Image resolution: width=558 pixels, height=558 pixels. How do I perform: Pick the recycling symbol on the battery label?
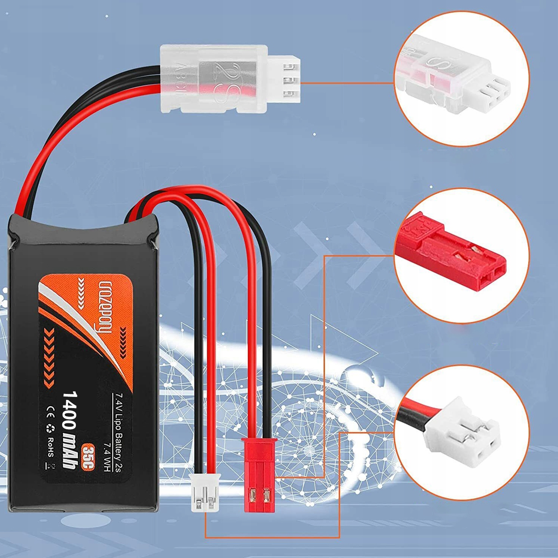coord(50,428)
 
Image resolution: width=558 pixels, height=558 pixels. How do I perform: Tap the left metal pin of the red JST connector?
coord(253,495)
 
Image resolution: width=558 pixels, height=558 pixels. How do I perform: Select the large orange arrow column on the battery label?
coord(49,357)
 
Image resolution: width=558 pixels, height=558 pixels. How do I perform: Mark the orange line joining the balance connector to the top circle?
coord(348,83)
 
